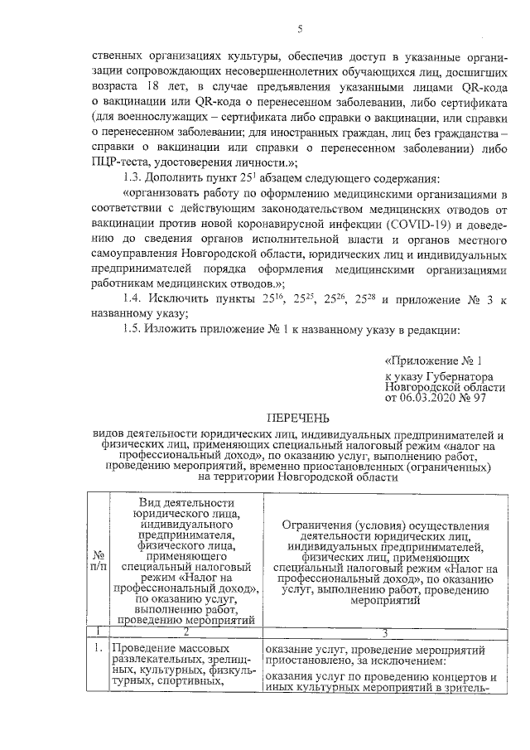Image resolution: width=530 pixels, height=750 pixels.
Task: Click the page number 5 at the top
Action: click(x=300, y=30)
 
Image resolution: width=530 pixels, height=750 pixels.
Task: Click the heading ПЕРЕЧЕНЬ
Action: click(x=298, y=418)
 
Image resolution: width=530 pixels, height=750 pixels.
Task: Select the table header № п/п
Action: click(x=99, y=560)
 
